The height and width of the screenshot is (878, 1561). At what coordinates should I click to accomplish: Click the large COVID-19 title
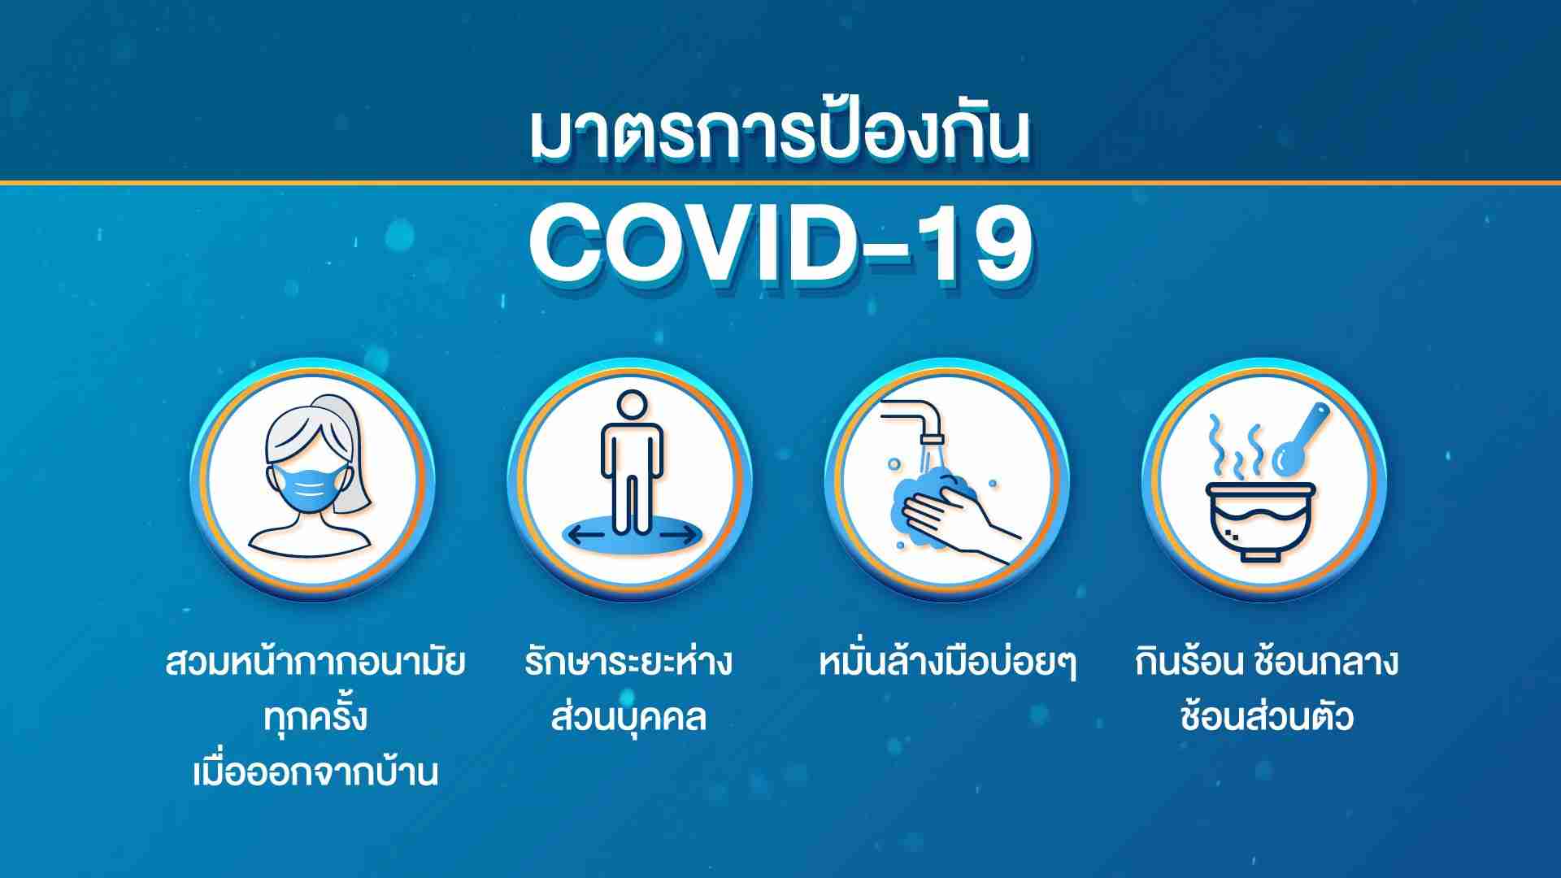(780, 244)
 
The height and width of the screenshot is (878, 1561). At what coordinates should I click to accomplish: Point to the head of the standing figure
(632, 406)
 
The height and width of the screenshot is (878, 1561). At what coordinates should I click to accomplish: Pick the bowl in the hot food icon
(1259, 521)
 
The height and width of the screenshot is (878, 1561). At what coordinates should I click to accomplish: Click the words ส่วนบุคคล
(628, 717)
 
